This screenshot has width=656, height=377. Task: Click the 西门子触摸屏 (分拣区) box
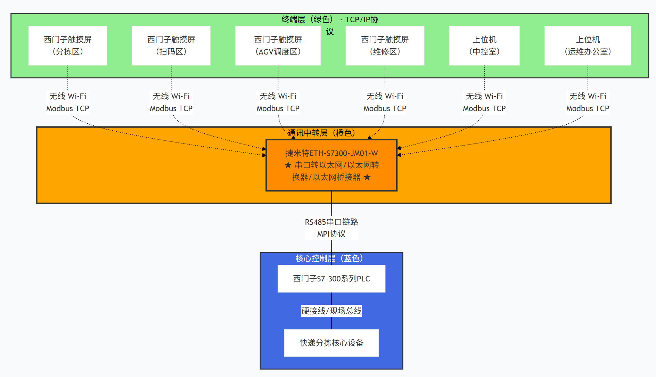(68, 46)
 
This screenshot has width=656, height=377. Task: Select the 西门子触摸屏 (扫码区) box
(171, 46)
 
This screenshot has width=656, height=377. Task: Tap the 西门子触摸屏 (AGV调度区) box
(278, 46)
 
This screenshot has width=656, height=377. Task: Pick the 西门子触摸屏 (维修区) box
(385, 46)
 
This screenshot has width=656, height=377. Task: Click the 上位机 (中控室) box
(484, 46)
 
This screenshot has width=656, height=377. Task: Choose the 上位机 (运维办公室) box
(588, 46)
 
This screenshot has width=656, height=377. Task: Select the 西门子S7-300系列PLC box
(331, 279)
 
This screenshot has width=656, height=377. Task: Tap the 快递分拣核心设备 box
(331, 343)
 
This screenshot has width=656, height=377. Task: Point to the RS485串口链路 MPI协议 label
(331, 228)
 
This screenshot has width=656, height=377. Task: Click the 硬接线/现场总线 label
(331, 311)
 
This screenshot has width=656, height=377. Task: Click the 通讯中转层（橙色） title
(321, 133)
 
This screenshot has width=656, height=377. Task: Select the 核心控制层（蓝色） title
(329, 258)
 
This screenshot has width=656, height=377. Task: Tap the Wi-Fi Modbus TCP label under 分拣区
(68, 103)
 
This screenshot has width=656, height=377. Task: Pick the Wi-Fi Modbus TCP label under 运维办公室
(588, 103)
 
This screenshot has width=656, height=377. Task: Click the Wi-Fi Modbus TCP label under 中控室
(484, 103)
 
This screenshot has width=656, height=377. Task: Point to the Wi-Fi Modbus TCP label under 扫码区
(171, 103)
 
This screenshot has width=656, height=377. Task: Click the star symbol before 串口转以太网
(288, 165)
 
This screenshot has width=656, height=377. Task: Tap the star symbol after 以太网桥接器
(367, 177)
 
